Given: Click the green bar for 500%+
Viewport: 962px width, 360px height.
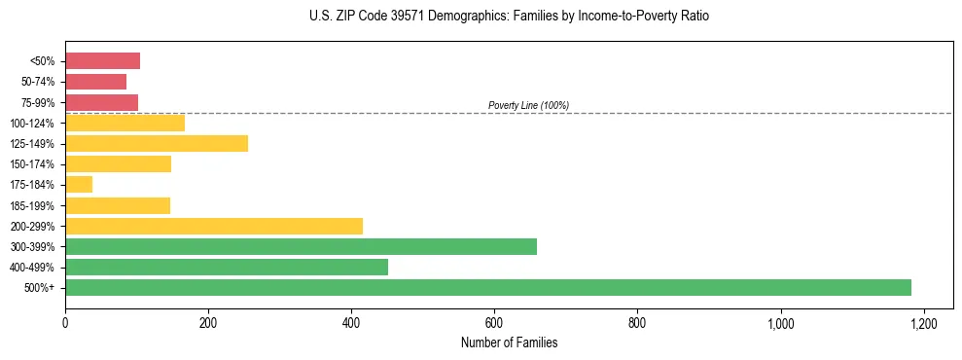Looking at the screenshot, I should point(487,287).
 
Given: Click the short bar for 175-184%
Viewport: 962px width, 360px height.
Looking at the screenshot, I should point(79,184).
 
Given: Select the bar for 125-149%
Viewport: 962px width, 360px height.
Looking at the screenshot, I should point(157,143).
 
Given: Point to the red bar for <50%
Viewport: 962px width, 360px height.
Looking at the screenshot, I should point(102,61).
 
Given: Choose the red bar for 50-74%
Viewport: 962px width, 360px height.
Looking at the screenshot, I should point(95,82).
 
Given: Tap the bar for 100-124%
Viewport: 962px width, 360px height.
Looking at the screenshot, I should point(125,123).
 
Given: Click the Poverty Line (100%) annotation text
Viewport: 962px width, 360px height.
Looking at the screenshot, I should point(528,105).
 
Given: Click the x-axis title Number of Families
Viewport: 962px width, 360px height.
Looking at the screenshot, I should point(509,342).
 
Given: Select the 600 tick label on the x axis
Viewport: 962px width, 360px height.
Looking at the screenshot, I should point(494,323).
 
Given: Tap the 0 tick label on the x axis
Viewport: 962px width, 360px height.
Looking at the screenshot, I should point(65,323).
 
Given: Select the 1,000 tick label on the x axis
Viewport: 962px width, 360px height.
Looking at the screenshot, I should point(780,323).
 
